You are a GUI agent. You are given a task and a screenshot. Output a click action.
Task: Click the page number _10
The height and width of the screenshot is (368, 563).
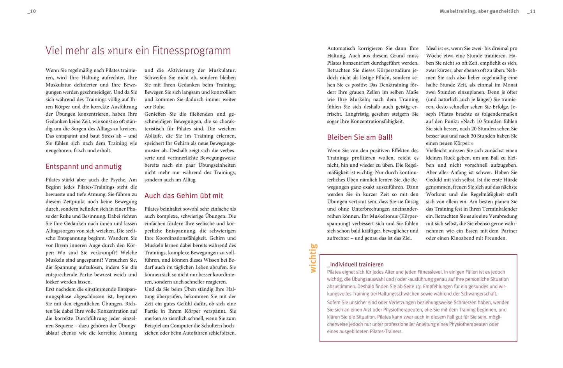pos(32,11)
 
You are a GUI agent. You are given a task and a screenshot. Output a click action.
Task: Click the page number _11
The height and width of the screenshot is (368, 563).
pos(531,11)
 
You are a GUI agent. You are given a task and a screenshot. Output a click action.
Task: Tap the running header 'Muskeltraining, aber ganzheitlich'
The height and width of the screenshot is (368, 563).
pos(479,11)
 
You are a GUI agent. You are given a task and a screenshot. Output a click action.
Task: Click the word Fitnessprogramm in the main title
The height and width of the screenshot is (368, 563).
pos(191,51)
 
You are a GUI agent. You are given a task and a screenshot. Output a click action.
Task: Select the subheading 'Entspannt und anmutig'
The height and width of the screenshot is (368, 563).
pos(84,167)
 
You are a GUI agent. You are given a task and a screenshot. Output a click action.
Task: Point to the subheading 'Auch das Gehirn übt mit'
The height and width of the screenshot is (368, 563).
pos(184,196)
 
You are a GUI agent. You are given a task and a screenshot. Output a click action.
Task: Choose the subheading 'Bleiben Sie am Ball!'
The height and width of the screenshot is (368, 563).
pos(360,137)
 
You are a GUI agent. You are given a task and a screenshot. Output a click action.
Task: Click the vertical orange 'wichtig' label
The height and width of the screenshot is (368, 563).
pos(313,258)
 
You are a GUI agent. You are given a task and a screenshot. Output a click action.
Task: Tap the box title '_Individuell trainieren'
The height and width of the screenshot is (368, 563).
pos(355,264)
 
